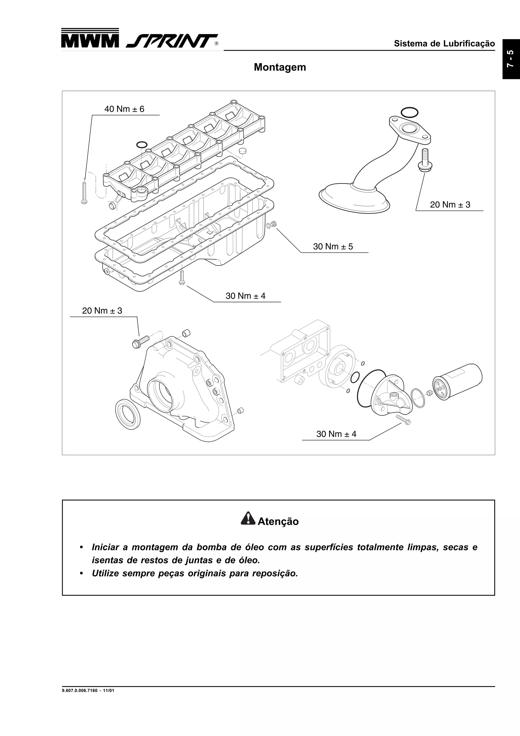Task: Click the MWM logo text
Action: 89,41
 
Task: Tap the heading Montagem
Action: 280,67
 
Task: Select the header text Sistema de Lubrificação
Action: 444,44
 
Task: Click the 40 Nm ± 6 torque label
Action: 124,109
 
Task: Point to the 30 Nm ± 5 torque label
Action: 333,247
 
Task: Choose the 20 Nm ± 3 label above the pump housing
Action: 102,311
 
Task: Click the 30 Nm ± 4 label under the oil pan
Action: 246,296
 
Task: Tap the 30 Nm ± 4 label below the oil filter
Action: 336,434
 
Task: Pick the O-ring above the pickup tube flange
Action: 409,112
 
